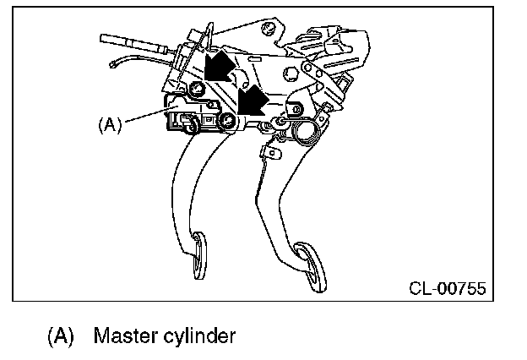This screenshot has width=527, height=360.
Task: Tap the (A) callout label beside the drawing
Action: tap(111, 124)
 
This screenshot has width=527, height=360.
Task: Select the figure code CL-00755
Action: tap(447, 289)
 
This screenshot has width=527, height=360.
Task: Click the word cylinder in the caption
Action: tap(199, 336)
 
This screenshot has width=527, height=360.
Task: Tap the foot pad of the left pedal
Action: tap(199, 257)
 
